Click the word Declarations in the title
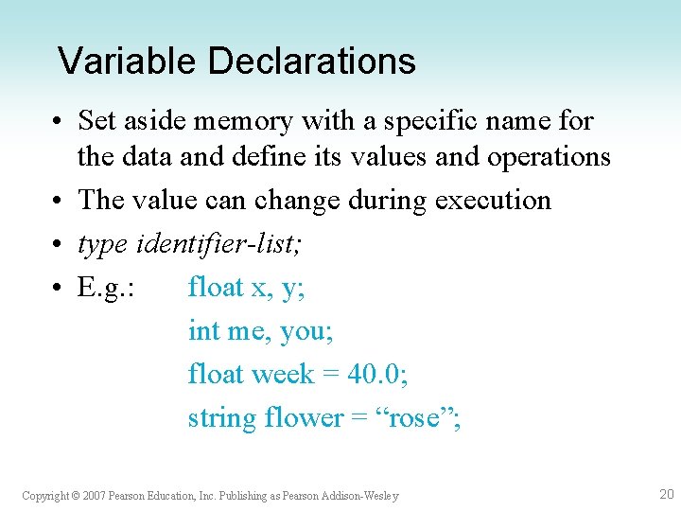311,62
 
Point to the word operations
549,156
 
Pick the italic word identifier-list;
219,245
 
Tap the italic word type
104,245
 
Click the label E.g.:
106,288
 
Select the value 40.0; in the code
377,374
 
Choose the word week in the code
283,374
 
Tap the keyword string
222,417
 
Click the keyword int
202,331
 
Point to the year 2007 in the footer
93,496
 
